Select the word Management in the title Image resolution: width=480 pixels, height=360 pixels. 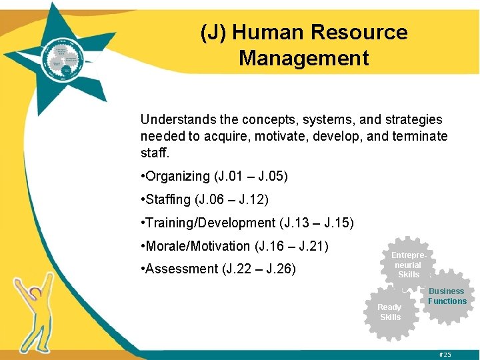(303, 58)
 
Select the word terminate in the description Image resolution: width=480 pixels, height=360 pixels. (421, 136)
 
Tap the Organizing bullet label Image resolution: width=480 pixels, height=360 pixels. (177, 176)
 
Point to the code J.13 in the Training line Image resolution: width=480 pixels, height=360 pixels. (294, 223)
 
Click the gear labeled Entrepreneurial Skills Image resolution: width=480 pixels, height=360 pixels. (408, 265)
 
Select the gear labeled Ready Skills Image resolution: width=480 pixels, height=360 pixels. (390, 312)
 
